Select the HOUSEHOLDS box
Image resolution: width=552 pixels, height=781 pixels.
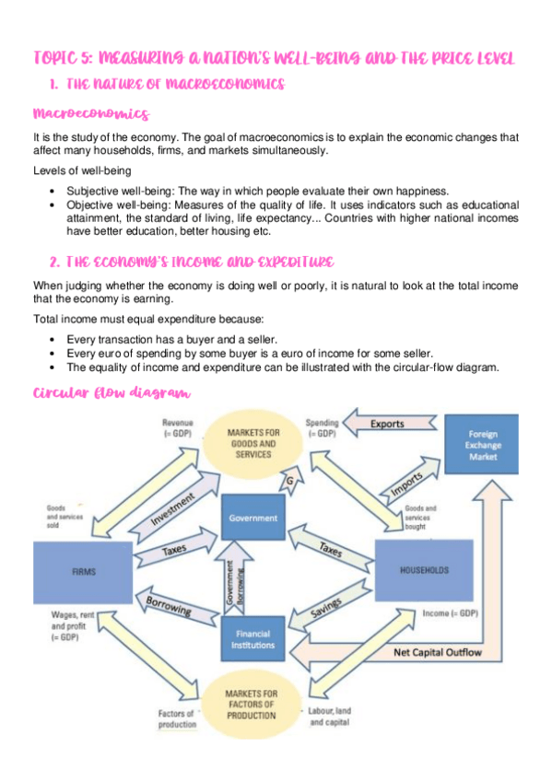[425, 570]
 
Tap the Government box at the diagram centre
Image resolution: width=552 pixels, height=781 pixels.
[253, 519]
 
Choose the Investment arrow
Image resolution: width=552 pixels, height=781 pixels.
[172, 508]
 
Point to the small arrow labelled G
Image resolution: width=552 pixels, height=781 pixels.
[291, 481]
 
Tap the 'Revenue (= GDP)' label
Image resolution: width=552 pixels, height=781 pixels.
[179, 428]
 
